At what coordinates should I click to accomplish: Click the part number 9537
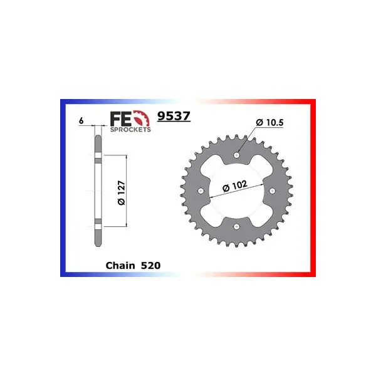click(174, 116)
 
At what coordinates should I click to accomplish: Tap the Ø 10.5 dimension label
click(269, 123)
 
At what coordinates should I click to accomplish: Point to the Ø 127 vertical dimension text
click(122, 192)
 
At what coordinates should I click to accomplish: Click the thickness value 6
click(81, 120)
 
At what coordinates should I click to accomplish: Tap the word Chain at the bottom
click(120, 266)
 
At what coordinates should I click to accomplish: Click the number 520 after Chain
click(150, 266)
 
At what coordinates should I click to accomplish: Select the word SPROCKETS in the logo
click(130, 130)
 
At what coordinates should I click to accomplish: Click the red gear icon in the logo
click(142, 118)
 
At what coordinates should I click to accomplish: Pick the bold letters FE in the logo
click(121, 118)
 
